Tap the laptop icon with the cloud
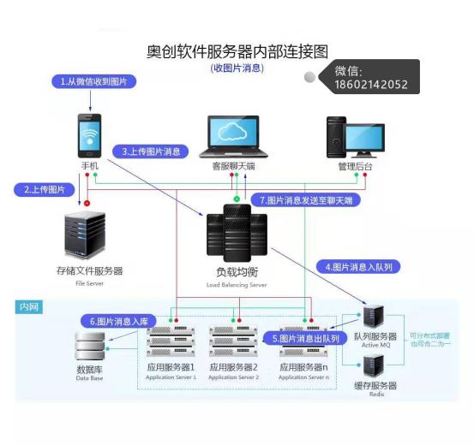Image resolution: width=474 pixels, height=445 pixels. point(234,135)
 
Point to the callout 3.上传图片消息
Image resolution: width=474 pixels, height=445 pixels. point(152,151)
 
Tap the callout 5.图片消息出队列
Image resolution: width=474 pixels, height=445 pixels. point(306,338)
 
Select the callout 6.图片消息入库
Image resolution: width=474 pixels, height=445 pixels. point(119,321)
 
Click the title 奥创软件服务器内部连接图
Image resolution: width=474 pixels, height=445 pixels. point(237,52)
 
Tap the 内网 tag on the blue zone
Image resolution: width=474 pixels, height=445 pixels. point(29,306)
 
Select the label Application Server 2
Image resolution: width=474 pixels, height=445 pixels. point(234,377)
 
